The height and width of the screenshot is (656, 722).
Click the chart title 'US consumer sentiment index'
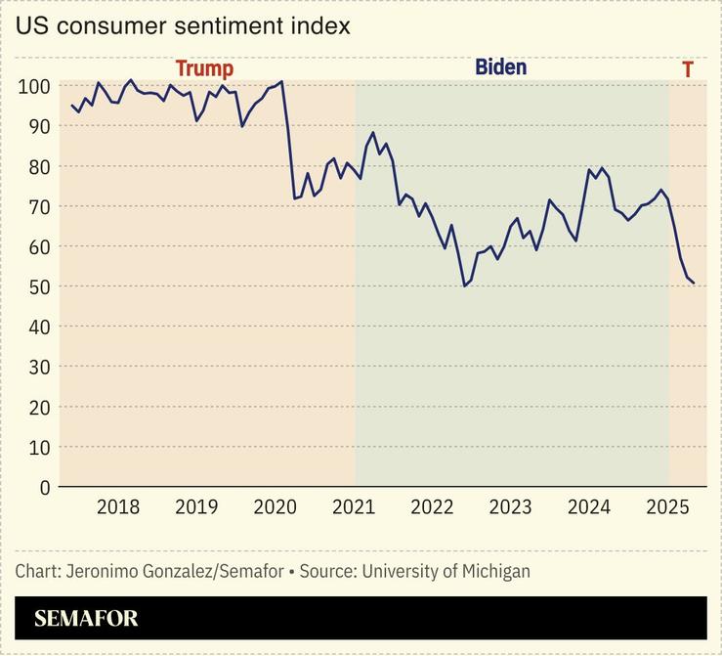pyautogui.click(x=182, y=26)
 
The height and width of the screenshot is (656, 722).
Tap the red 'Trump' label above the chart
pyautogui.click(x=204, y=68)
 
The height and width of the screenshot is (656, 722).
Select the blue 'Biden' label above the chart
pyautogui.click(x=500, y=67)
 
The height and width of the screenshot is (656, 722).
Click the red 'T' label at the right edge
pyautogui.click(x=688, y=69)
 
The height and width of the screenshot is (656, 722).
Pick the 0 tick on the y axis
pyautogui.click(x=43, y=487)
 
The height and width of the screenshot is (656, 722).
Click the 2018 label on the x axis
pyautogui.click(x=118, y=507)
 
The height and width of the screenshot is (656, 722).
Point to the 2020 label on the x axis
pyautogui.click(x=275, y=507)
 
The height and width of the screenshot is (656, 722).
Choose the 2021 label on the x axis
pyautogui.click(x=354, y=507)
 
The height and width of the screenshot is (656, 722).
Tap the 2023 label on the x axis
pyautogui.click(x=510, y=507)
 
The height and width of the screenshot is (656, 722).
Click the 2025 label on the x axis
pyautogui.click(x=668, y=507)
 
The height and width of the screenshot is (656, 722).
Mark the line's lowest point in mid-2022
pyautogui.click(x=464, y=285)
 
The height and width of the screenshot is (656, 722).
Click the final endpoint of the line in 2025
pyautogui.click(x=694, y=284)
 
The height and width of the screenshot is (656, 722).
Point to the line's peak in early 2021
pyautogui.click(x=373, y=132)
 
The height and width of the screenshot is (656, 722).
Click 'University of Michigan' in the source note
pyautogui.click(x=446, y=571)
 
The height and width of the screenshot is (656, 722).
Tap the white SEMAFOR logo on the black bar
pyautogui.click(x=86, y=619)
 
